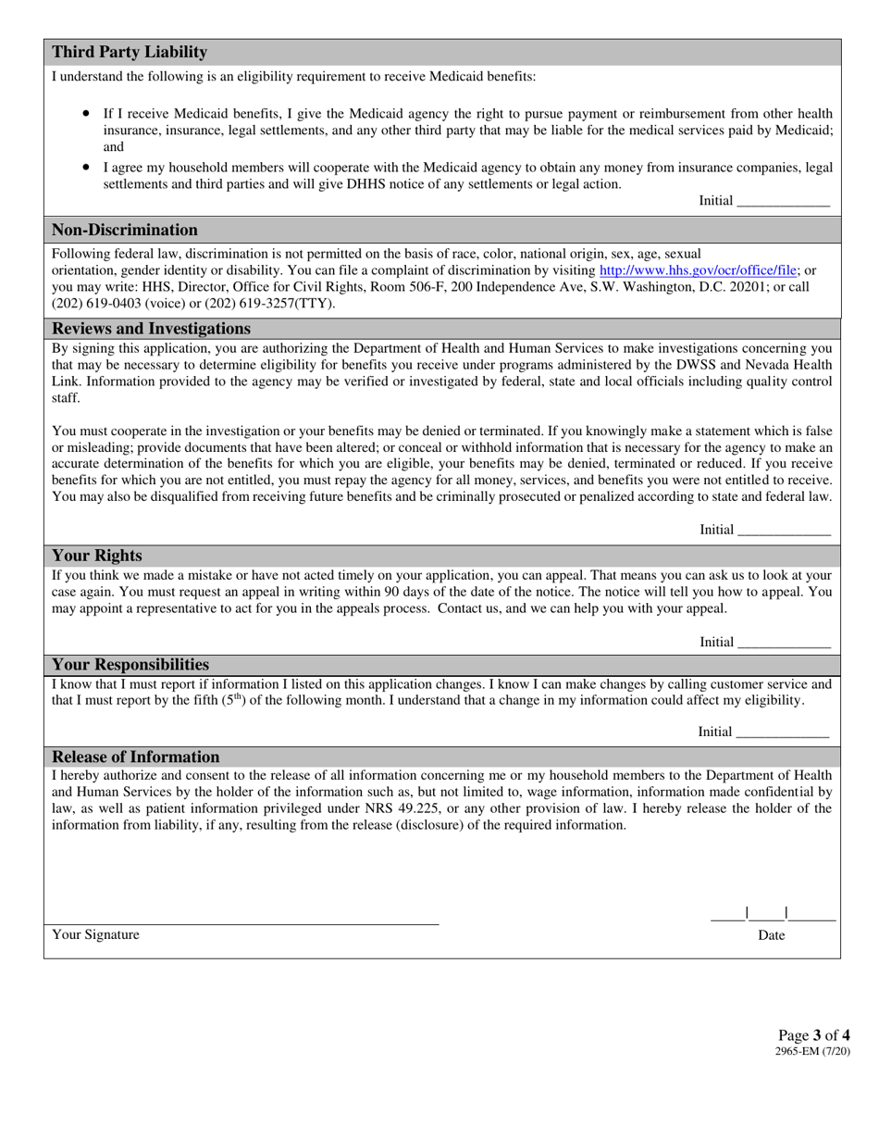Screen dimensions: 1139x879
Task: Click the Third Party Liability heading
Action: click(x=130, y=52)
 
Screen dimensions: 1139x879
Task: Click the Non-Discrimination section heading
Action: click(x=125, y=230)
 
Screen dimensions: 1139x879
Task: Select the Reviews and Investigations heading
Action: click(x=152, y=329)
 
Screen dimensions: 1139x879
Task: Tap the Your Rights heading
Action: click(x=97, y=556)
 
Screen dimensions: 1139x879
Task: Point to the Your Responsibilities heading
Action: click(x=130, y=665)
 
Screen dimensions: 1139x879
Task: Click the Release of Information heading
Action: click(x=136, y=757)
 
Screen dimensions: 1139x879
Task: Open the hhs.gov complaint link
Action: click(x=699, y=270)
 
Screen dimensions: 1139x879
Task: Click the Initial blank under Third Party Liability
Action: click(x=783, y=201)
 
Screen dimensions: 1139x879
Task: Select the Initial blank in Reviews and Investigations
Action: click(x=783, y=530)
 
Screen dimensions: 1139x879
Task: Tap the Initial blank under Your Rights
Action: click(x=783, y=643)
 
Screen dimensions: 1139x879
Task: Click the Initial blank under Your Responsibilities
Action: click(x=783, y=732)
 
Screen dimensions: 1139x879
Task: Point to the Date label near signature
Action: click(x=771, y=935)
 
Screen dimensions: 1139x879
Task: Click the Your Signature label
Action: click(x=96, y=935)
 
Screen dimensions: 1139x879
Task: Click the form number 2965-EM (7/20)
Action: click(x=812, y=1052)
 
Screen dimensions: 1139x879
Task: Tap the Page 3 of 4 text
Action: click(x=813, y=1035)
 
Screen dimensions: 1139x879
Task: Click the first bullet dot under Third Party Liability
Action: click(x=86, y=111)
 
